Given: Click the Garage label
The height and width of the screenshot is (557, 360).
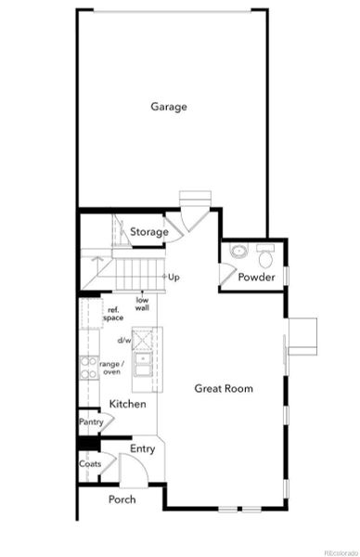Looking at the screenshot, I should pos(169,107).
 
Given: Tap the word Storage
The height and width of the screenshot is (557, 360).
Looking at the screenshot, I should pos(148,232).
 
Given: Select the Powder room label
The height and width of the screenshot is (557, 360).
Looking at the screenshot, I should pos(255,278).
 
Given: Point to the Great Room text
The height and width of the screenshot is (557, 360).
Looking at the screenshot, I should pos(224,388).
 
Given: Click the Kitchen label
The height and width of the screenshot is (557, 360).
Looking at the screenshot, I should pos(127,405).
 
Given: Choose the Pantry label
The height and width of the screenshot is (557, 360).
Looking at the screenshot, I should pos(91,422).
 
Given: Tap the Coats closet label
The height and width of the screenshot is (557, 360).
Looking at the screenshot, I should pos(90,463).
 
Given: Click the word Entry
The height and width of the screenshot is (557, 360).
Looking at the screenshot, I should pos(143,449).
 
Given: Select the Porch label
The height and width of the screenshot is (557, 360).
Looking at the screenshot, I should pos(122,499).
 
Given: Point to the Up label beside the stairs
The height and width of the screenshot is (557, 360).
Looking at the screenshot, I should pos(174,277).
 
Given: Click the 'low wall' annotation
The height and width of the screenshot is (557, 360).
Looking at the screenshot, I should pos(143,304).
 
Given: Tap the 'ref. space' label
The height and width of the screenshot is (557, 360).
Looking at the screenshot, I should pos(114,314).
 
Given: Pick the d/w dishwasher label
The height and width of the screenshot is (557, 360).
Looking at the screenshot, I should pos(124,340).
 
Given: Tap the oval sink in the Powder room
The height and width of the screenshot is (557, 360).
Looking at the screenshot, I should pos(238,251).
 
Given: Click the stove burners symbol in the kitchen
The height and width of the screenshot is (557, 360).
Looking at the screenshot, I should pos(91,368).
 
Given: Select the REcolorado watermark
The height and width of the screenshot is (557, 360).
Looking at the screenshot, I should pos(337,551).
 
